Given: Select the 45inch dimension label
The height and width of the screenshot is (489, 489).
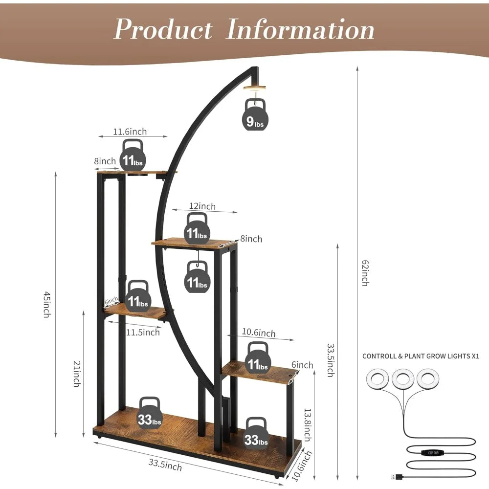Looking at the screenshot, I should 47,304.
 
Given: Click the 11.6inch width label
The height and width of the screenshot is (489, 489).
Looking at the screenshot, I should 130,132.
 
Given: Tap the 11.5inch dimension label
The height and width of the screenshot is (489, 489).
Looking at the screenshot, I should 142,333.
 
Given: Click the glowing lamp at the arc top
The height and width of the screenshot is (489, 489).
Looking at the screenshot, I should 255,88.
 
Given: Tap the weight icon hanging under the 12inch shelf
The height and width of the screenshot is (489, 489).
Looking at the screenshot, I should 197,278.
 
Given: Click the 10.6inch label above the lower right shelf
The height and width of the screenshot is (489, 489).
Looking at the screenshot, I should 259,333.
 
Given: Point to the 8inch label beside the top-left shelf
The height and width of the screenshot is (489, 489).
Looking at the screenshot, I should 105,161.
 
